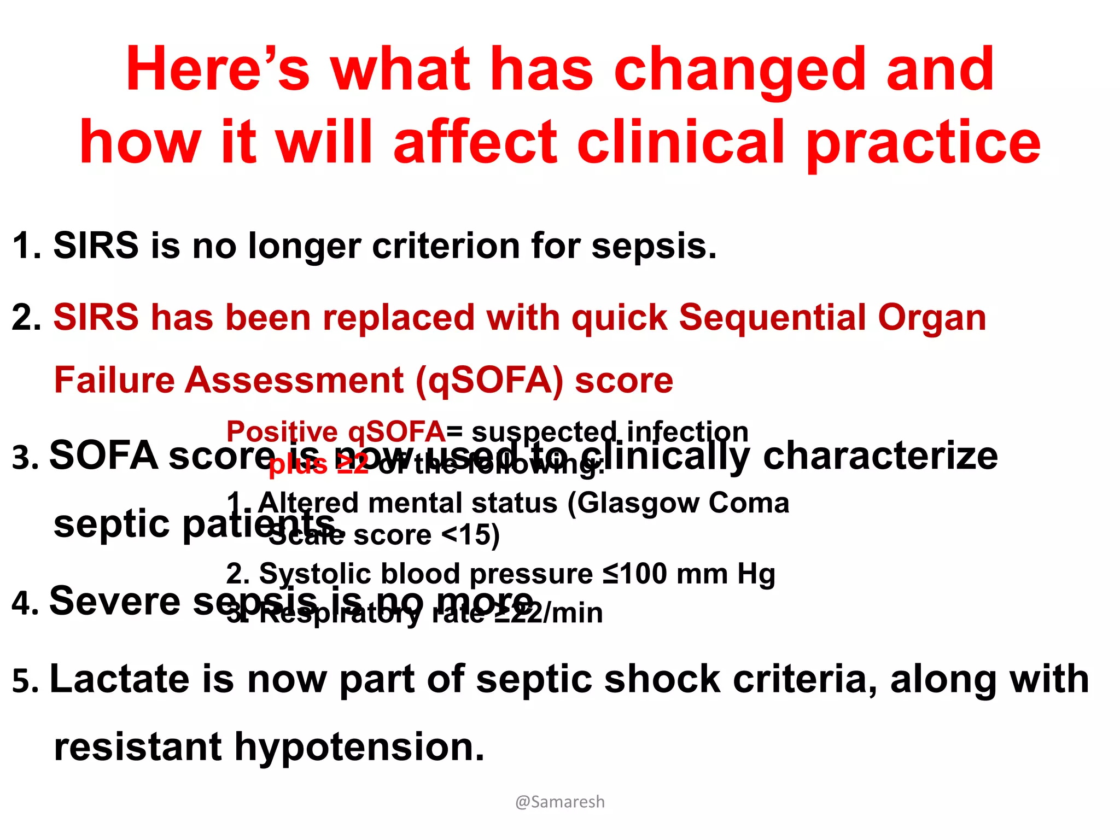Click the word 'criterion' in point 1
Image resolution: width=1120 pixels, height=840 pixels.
[446, 246]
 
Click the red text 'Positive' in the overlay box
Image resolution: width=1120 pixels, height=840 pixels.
[282, 432]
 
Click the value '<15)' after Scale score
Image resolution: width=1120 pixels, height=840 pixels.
[470, 535]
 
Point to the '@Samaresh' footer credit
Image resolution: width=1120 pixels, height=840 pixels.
[560, 802]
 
